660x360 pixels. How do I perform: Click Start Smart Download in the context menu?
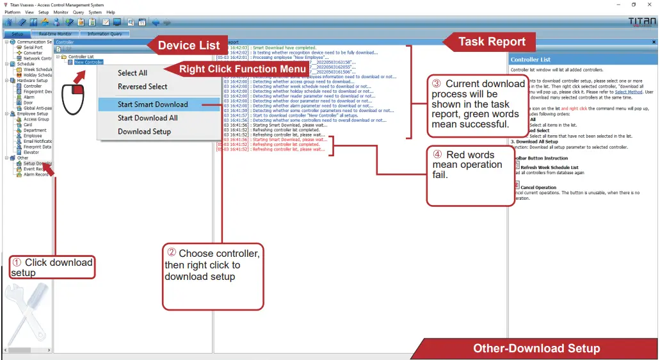152,104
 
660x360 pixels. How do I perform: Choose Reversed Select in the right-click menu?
142,86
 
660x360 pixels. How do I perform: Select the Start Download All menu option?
147,118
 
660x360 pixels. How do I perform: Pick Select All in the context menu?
132,73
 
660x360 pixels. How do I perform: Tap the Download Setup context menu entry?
144,131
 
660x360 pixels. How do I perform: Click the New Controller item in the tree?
88,62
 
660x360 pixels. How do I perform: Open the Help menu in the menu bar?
111,12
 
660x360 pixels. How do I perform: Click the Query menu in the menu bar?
78,12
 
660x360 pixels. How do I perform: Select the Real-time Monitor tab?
55,33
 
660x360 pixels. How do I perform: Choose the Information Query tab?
104,33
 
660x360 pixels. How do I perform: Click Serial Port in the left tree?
33,47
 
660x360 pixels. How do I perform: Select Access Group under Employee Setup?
36,119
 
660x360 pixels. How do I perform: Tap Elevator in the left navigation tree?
32,152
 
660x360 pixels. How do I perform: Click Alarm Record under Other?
36,174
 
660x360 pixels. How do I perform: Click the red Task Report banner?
492,43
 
